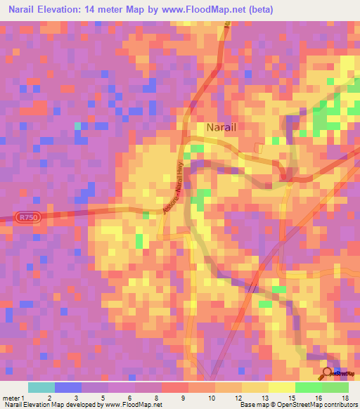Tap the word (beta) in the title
click(x=260, y=10)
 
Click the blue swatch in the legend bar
click(x=67, y=387)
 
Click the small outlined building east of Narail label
click(x=259, y=148)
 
